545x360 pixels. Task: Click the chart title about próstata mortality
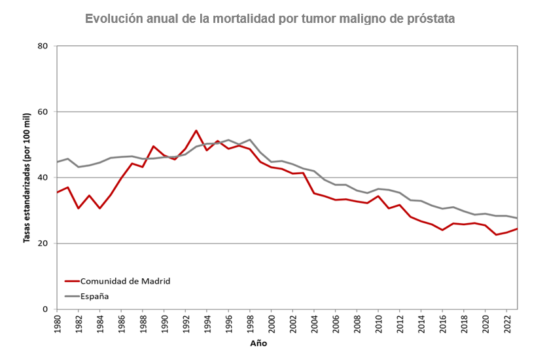tap(270, 18)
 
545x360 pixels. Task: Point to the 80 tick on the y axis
tap(43, 46)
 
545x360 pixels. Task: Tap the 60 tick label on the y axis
tap(43, 112)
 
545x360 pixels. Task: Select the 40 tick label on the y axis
tap(43, 177)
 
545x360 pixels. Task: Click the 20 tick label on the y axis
tap(43, 243)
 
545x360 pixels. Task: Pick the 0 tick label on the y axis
tap(46, 309)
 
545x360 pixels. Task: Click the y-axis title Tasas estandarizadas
tap(27, 177)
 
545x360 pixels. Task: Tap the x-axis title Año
tap(258, 343)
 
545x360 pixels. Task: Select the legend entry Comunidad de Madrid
tap(125, 281)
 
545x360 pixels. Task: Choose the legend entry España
tap(94, 296)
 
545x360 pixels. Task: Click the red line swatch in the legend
tap(71, 281)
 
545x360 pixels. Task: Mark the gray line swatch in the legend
tap(71, 296)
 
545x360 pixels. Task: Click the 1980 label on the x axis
tap(58, 323)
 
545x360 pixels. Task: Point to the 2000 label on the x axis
tap(272, 323)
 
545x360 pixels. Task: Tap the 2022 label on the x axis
tap(507, 323)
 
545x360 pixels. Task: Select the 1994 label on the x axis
tap(207, 323)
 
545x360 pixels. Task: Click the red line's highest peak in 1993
tap(196, 130)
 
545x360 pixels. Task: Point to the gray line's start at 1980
tap(58, 162)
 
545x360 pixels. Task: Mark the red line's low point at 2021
tap(496, 234)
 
